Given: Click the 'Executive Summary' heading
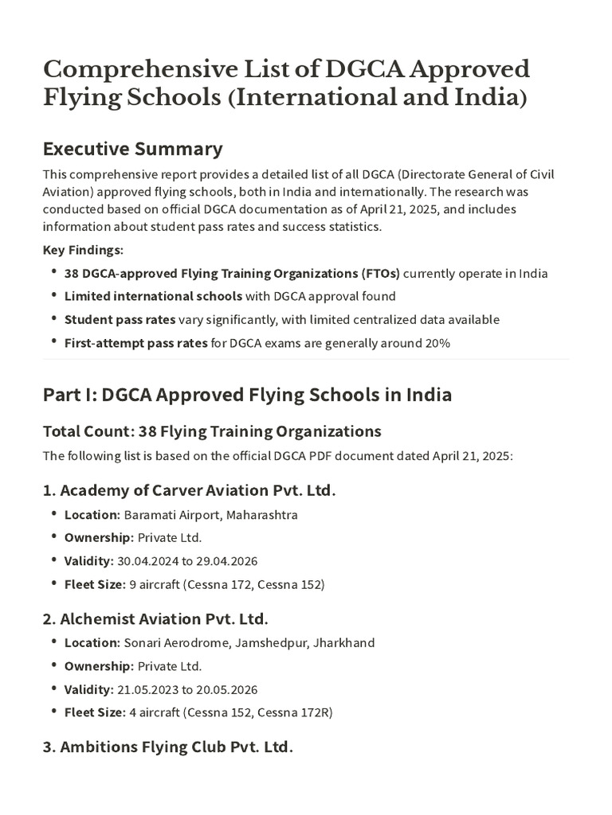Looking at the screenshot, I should pyautogui.click(x=132, y=149).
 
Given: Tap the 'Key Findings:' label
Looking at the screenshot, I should pyautogui.click(x=83, y=250).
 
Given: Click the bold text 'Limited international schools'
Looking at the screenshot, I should pyautogui.click(x=153, y=296).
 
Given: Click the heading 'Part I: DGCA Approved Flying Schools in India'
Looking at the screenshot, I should pyautogui.click(x=247, y=395).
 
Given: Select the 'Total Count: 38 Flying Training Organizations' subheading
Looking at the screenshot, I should pyautogui.click(x=212, y=431).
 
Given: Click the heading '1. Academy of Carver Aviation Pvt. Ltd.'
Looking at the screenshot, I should pyautogui.click(x=190, y=490).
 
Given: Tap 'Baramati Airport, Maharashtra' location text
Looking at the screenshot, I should pyautogui.click(x=210, y=515).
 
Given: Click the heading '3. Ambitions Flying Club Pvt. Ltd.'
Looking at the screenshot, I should pyautogui.click(x=168, y=747).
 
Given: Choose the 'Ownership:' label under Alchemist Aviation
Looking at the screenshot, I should pyautogui.click(x=99, y=666).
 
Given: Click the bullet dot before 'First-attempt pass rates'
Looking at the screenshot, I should pyautogui.click(x=53, y=343).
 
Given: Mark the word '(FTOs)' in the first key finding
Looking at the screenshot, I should pyautogui.click(x=381, y=273).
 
